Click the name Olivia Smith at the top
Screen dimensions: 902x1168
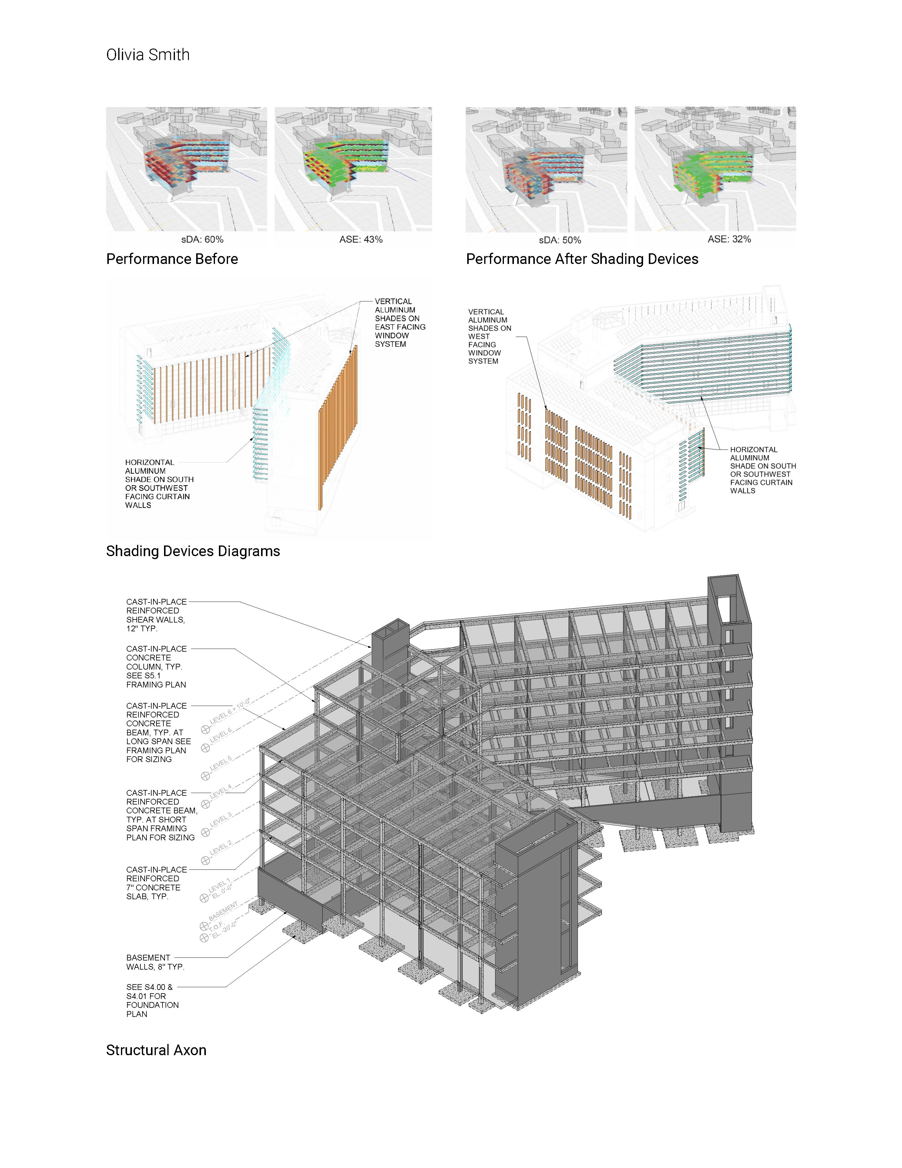(x=147, y=55)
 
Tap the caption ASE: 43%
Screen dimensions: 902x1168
(x=361, y=240)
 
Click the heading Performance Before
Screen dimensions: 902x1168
(x=172, y=259)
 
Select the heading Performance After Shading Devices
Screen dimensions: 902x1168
(x=582, y=259)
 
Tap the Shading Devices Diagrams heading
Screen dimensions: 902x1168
(x=193, y=551)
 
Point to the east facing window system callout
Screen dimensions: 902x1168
(x=400, y=322)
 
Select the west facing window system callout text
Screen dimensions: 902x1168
(x=489, y=336)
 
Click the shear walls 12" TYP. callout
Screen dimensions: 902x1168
(x=156, y=615)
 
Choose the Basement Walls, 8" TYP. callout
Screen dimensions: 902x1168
(x=155, y=962)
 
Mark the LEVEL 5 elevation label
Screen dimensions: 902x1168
(x=221, y=764)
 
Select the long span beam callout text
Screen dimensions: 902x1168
(x=158, y=732)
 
